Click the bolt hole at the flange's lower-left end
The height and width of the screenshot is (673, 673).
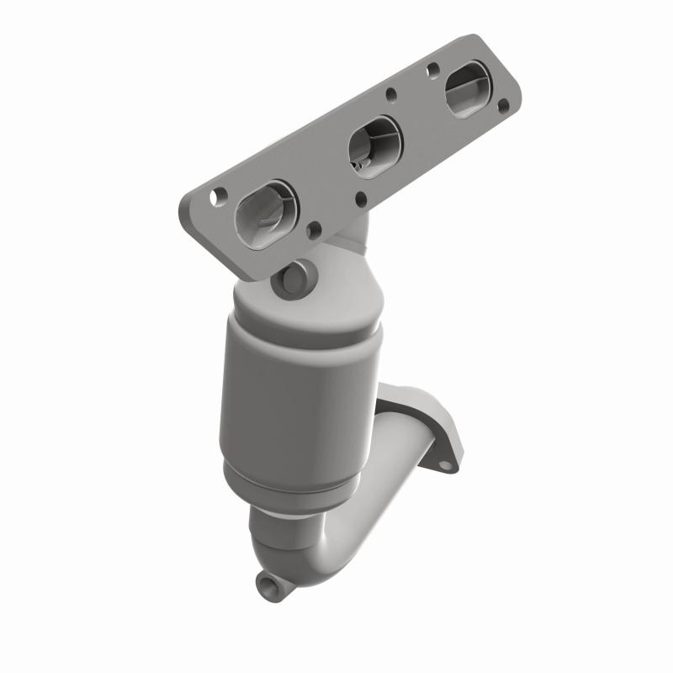[x=219, y=196]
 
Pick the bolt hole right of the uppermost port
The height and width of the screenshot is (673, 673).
[x=503, y=107]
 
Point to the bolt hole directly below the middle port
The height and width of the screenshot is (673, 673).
[x=360, y=198]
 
